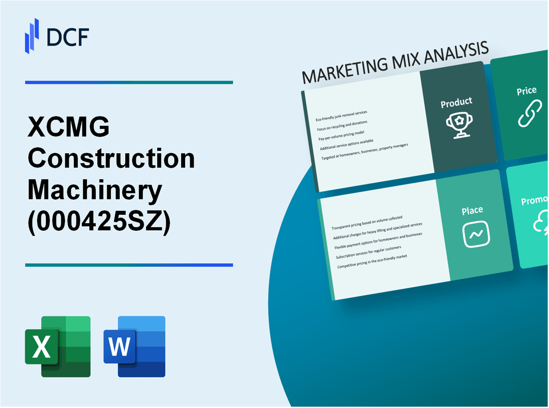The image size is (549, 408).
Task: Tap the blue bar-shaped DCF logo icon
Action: (32, 35)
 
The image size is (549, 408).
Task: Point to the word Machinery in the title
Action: (95, 190)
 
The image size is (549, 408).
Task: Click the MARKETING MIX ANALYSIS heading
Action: (395, 62)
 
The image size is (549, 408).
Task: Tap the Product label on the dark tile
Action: (456, 102)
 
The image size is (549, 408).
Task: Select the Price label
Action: (527, 90)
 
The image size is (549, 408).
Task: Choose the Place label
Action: (472, 210)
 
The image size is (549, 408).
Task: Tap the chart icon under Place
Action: (476, 234)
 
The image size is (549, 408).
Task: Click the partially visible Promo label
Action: (535, 201)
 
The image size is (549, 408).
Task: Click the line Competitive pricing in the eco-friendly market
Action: (372, 261)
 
